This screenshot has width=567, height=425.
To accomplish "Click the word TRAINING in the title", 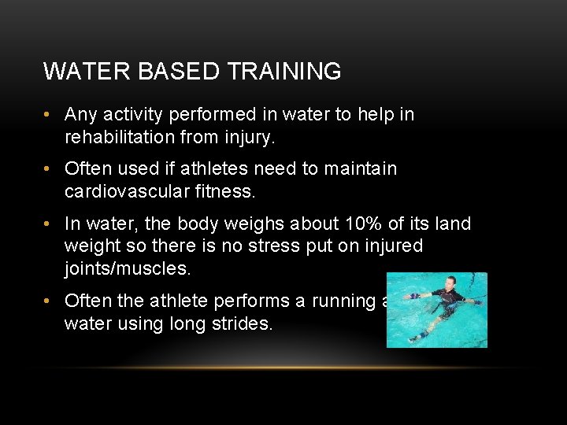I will click(x=285, y=72).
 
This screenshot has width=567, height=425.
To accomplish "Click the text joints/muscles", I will click(x=128, y=268).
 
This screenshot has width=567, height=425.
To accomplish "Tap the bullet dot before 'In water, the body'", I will click(x=49, y=224).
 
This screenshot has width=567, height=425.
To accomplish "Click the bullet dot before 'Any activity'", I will click(x=49, y=115).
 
